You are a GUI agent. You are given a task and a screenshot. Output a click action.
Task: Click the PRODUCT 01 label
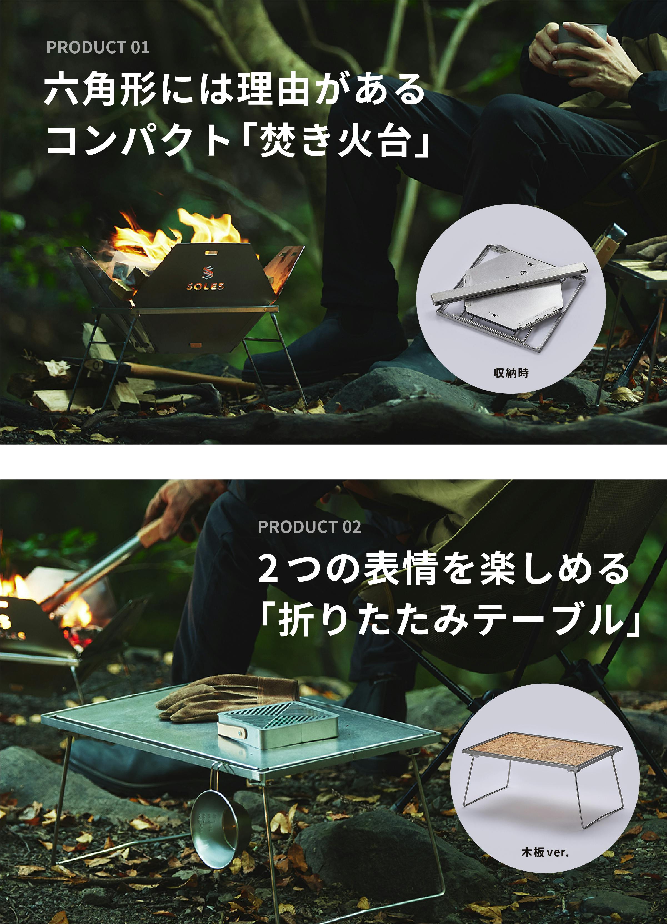[98, 48]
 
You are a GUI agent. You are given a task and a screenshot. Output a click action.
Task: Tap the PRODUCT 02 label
[309, 527]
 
